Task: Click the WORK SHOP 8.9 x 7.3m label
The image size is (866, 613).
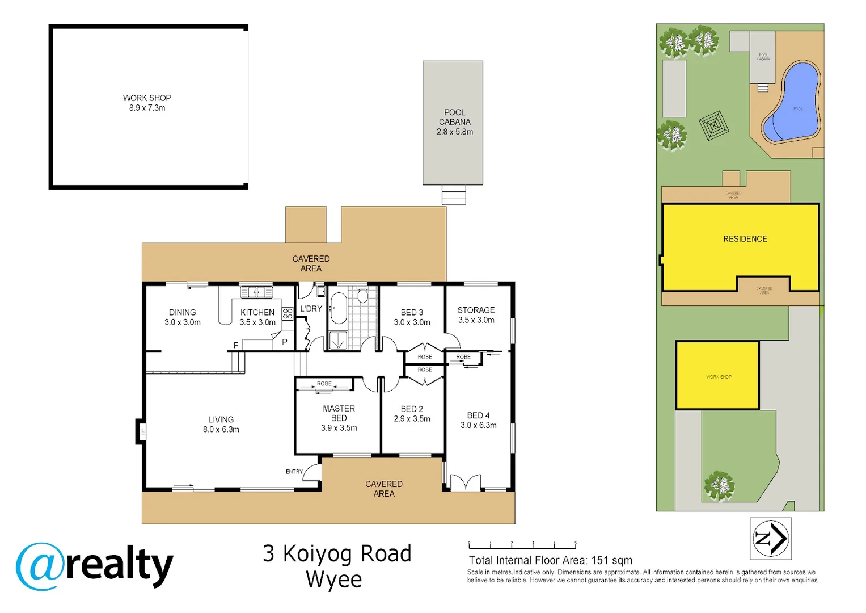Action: coord(147,103)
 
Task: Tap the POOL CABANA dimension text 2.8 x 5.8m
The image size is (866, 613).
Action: coord(454,132)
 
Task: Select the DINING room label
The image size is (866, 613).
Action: coord(182,313)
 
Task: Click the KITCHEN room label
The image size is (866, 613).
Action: coord(257,313)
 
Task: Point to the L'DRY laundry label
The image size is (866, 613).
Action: coord(311,309)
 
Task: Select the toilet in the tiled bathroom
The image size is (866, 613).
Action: coord(362,296)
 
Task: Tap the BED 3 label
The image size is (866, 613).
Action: coord(412,313)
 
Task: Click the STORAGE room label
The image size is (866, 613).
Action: coord(476,310)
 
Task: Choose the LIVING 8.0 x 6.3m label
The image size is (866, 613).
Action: coord(221,425)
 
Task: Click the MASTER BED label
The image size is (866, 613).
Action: coord(339,413)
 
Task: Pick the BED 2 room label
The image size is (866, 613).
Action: coord(412,409)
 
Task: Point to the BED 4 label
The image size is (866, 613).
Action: coord(478,416)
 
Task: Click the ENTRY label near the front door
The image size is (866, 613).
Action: coord(294,472)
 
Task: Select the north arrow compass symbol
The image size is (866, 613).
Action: coord(770,538)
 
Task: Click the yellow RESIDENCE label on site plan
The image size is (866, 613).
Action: coord(745,239)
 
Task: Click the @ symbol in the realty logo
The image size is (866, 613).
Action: coord(39,566)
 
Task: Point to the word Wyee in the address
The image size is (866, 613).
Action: coord(333,580)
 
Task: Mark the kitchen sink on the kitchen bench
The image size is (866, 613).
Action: coord(256,292)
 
